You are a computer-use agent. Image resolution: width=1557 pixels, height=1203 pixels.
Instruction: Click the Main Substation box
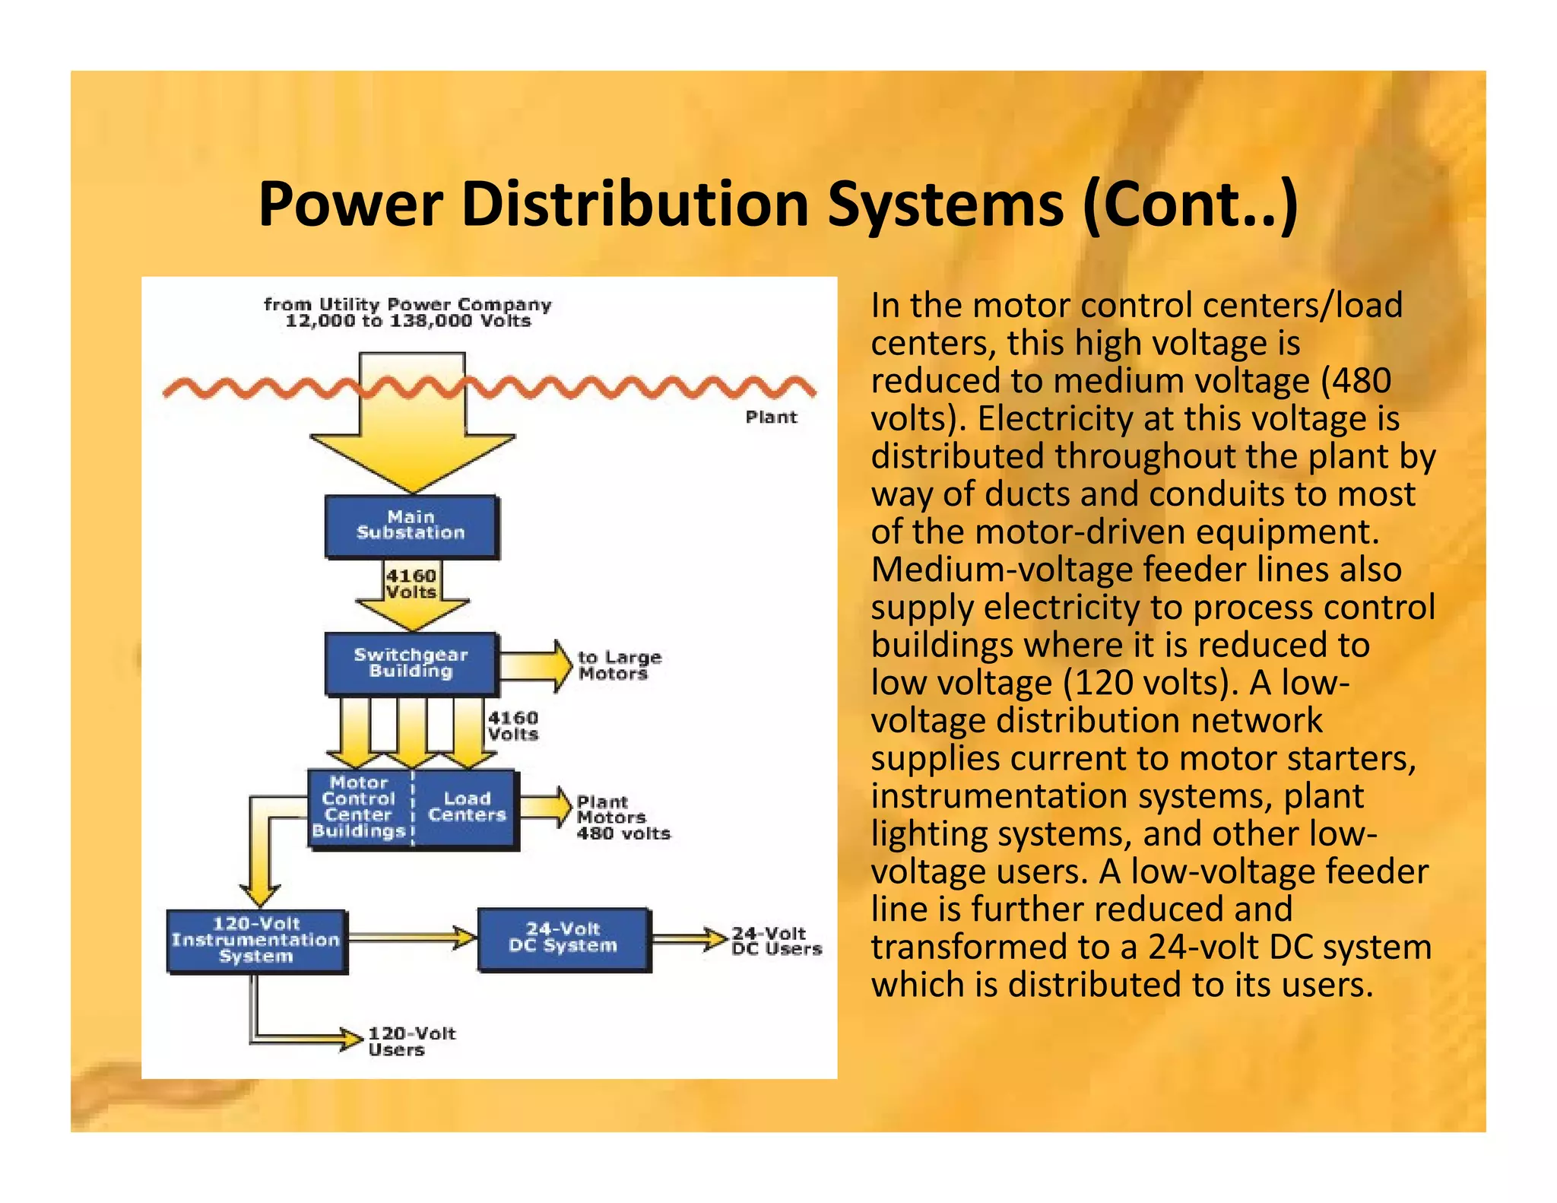click(411, 526)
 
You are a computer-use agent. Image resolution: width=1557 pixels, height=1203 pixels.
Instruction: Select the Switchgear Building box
click(411, 663)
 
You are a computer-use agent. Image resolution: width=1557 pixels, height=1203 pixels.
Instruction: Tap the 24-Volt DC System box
click(563, 938)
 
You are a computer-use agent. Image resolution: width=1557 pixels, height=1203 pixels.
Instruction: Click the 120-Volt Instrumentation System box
click(256, 940)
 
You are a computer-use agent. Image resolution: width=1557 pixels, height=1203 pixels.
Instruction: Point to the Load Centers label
click(466, 807)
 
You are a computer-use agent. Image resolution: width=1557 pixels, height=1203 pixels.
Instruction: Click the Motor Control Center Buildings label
click(359, 807)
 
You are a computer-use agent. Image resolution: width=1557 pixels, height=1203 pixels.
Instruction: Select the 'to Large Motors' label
click(618, 665)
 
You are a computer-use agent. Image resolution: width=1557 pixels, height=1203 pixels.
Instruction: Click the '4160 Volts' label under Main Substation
click(411, 584)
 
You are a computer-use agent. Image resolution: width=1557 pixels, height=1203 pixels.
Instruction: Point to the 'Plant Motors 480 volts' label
click(622, 817)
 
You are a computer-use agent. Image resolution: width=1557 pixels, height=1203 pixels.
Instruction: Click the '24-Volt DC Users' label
click(775, 941)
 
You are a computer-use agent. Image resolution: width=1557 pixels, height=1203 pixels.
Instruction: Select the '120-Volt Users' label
click(411, 1041)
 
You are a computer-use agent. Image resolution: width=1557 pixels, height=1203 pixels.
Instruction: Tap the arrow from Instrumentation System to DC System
click(411, 938)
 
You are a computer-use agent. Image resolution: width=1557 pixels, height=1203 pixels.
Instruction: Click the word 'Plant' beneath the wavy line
click(770, 417)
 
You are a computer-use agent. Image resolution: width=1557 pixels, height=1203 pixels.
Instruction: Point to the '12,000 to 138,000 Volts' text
click(407, 321)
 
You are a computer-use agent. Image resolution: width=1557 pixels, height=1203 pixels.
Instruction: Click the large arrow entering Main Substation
click(411, 426)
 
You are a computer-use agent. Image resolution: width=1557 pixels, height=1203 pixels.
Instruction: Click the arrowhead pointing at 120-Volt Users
click(351, 1039)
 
